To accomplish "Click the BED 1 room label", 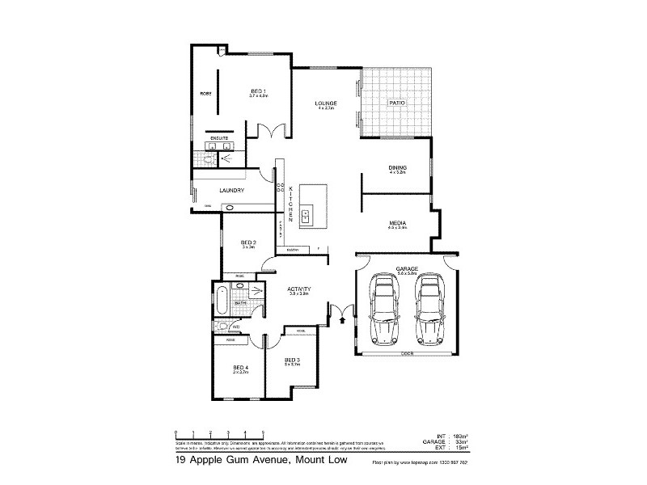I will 258,91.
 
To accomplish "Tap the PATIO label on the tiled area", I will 396,103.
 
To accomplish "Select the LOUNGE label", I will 326,104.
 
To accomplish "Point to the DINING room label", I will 397,168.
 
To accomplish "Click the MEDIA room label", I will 397,223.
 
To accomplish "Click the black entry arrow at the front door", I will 342,320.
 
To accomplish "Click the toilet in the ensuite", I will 209,160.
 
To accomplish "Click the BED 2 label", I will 249,243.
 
